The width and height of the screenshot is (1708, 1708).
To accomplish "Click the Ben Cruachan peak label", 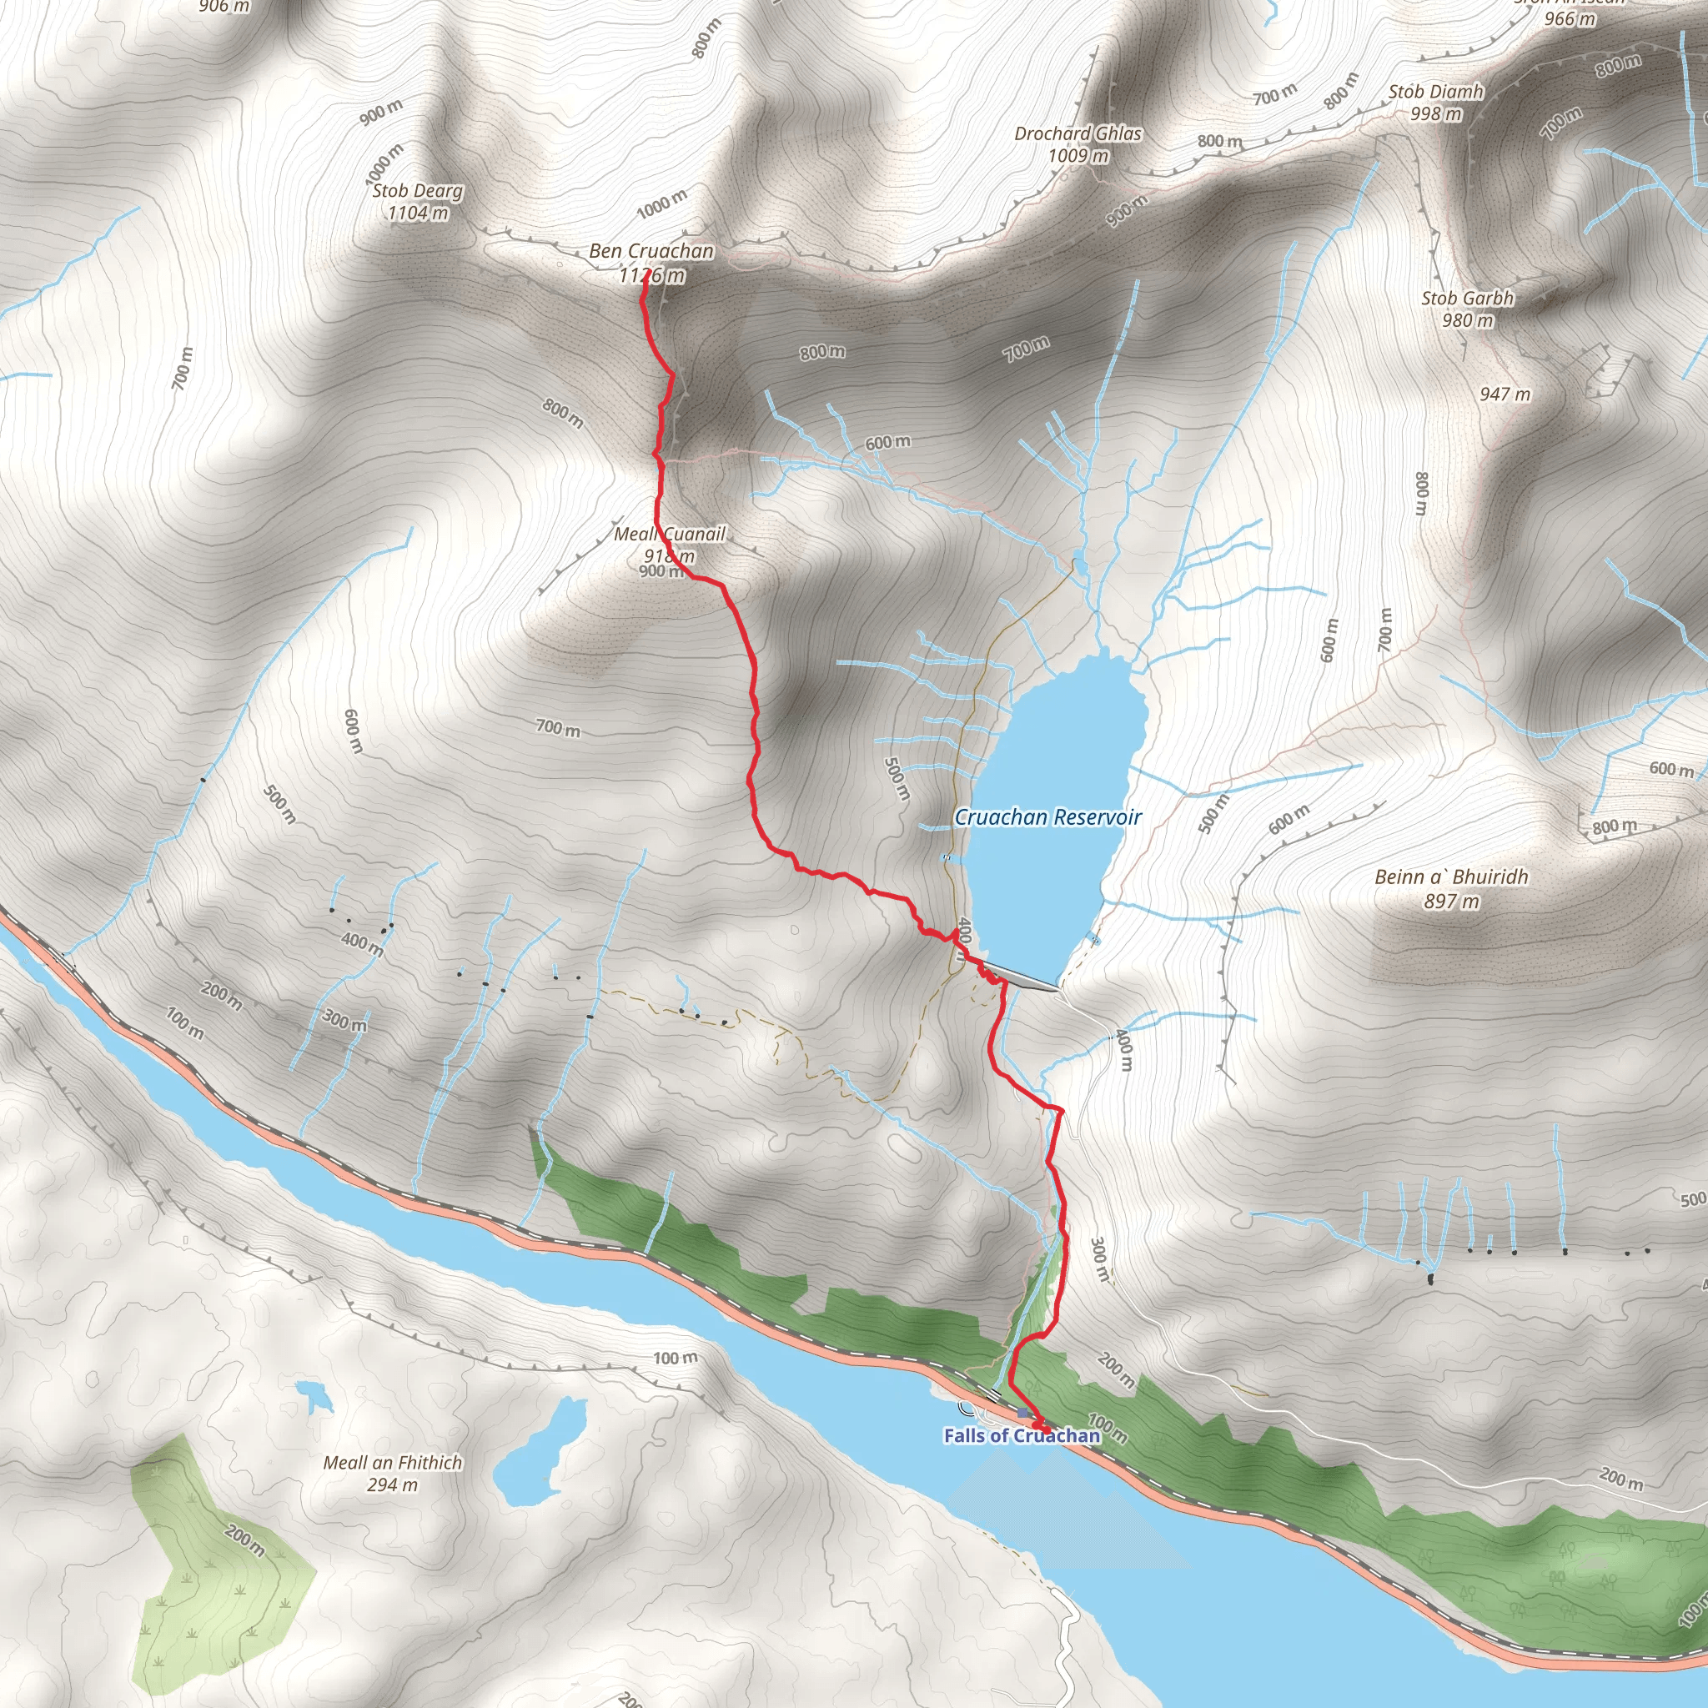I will (651, 252).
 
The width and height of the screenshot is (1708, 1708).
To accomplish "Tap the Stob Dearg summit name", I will (417, 191).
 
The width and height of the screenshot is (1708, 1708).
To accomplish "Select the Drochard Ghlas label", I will (1078, 133).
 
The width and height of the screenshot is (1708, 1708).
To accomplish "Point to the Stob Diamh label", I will (1436, 92).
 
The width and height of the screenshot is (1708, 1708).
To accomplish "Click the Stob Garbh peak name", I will (1468, 299).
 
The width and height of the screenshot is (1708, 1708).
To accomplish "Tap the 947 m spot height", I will (1505, 394).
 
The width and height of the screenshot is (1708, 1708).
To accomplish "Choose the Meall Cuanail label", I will (669, 534).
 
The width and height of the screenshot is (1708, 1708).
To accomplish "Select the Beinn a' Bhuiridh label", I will (1451, 877).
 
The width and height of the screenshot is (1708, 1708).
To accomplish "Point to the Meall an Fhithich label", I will (393, 1463).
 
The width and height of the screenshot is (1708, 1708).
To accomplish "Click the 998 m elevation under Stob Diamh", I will (1436, 114).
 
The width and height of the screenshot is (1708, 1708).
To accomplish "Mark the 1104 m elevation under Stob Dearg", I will (417, 213).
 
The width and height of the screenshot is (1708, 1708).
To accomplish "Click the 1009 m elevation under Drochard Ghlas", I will (1078, 156).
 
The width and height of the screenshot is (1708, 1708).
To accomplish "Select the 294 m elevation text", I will (393, 1485).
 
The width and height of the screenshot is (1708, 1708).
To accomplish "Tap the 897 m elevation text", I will (1451, 902).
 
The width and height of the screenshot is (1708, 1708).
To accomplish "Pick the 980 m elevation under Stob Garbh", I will (1468, 321).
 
